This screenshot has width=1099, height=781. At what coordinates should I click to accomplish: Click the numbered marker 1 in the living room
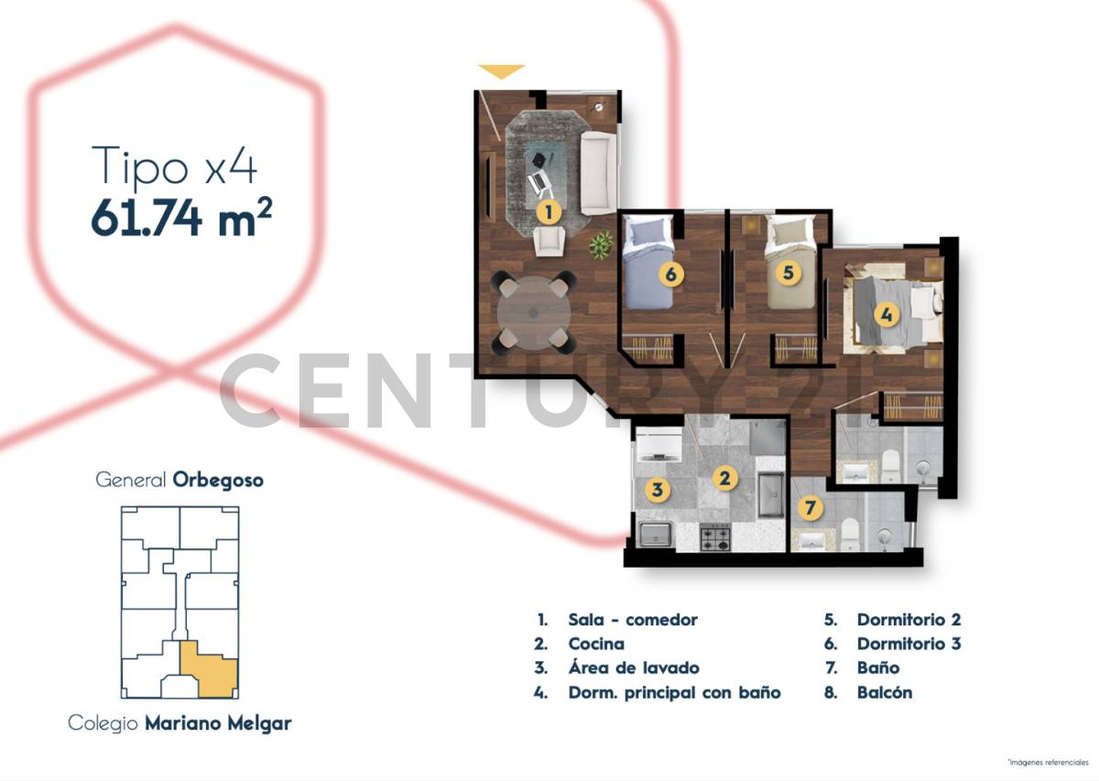coord(548,213)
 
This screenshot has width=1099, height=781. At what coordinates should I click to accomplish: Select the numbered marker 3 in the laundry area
coord(657,490)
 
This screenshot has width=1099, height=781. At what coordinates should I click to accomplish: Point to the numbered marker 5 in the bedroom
coord(787,272)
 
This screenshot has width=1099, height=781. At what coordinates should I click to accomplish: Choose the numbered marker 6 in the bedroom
coord(671,273)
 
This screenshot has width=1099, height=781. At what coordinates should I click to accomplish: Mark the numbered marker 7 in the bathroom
coord(809,506)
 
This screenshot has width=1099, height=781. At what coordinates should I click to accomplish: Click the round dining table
coord(534,312)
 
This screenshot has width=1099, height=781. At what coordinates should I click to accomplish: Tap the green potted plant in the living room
coord(602,244)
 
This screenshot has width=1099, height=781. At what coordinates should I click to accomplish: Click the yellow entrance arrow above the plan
coord(502,71)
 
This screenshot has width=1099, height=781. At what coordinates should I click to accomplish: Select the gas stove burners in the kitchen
coord(715,537)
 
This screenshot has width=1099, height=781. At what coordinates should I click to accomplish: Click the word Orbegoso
coord(218,480)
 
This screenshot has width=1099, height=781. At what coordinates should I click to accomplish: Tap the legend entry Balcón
coord(884,692)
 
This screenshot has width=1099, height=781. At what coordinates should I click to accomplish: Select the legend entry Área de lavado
coord(633,667)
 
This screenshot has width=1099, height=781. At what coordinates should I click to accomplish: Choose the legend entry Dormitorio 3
coord(909,644)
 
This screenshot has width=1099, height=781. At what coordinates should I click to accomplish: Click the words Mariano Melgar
coord(218,723)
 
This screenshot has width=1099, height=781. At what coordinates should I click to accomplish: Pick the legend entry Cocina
coord(596,644)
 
